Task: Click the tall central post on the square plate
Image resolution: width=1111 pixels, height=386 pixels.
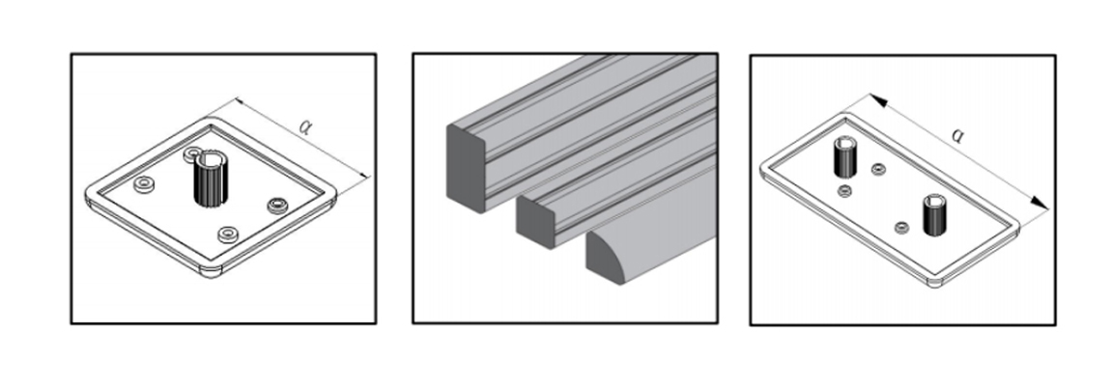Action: [208, 179]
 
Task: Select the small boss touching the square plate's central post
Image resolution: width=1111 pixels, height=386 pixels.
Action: [192, 153]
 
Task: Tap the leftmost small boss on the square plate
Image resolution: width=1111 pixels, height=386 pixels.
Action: [145, 183]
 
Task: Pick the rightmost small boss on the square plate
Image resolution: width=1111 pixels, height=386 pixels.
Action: [277, 206]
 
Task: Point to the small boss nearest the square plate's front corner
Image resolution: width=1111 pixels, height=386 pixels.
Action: [227, 233]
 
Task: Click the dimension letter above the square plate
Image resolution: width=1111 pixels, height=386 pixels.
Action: [305, 126]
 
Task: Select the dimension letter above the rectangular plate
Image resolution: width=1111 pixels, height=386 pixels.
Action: [957, 134]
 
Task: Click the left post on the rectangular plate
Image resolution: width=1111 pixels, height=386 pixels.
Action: [844, 156]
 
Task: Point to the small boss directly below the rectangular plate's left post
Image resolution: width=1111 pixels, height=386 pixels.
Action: [844, 190]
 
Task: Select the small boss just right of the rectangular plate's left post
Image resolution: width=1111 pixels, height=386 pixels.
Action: [878, 169]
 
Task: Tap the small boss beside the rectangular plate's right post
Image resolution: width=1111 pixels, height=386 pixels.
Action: [901, 228]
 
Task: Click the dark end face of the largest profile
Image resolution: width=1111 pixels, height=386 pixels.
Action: [466, 168]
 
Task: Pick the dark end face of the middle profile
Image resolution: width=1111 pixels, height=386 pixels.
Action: [535, 221]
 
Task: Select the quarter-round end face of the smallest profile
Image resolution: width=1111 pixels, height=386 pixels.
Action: [604, 259]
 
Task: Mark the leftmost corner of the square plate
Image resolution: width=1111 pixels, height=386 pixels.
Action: [86, 194]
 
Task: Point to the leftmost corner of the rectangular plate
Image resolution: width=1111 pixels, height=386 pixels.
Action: [761, 169]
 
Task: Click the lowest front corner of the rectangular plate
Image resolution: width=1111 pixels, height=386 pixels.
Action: [935, 286]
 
